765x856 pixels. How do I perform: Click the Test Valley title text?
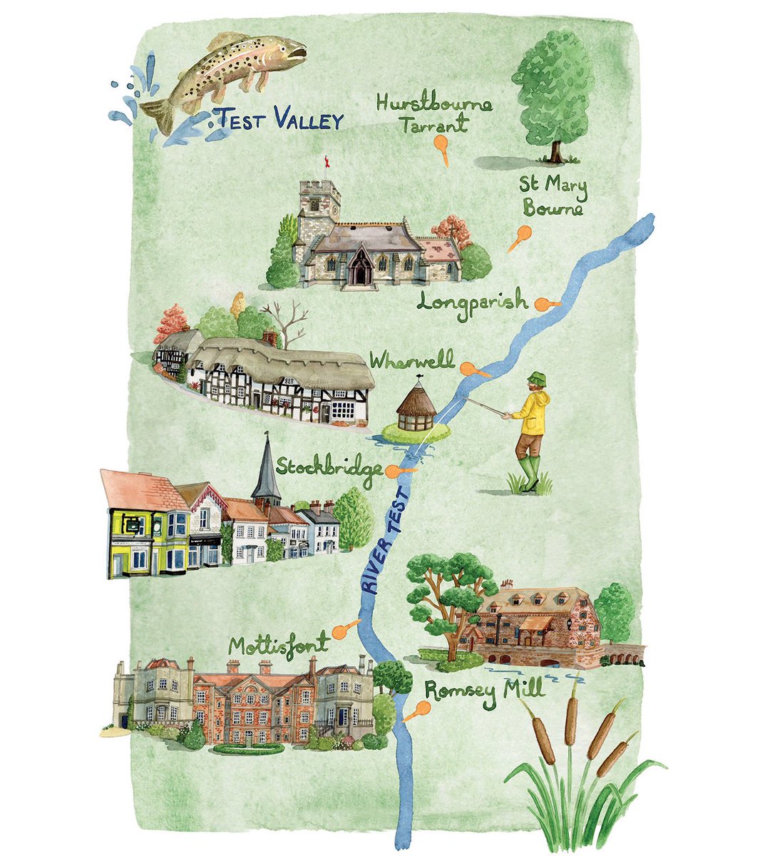point(280,120)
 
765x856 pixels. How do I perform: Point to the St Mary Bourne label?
point(553,198)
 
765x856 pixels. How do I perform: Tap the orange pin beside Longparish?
point(545,304)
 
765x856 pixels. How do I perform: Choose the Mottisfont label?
point(278,645)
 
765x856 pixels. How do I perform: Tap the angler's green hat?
point(535,379)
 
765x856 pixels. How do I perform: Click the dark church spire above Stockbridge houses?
point(266,472)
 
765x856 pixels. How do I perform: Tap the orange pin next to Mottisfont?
point(344,628)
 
